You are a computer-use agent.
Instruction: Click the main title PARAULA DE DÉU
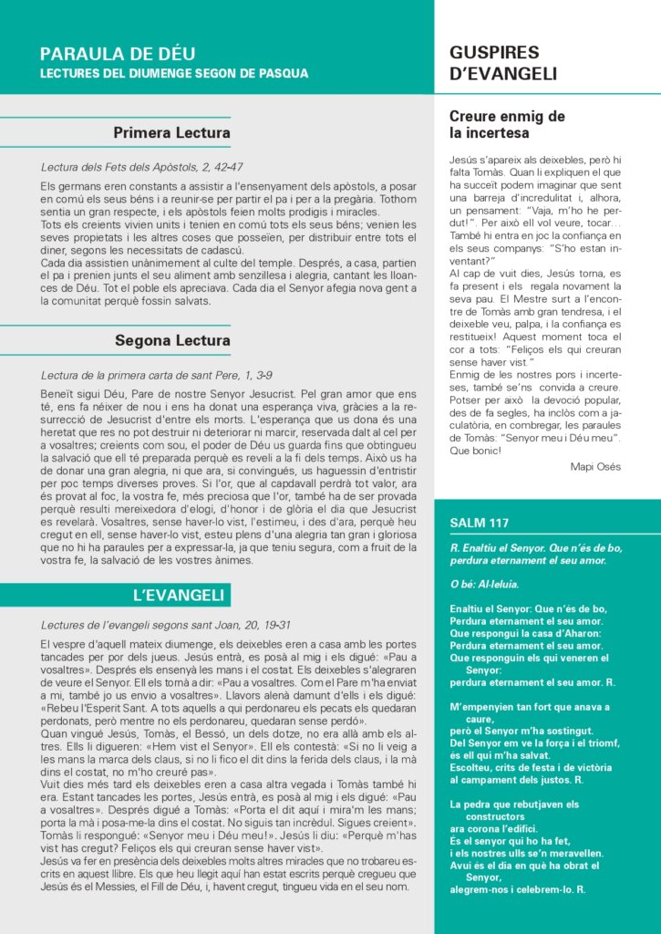click(x=118, y=54)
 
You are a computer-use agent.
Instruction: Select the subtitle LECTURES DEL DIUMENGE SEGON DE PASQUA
click(x=174, y=73)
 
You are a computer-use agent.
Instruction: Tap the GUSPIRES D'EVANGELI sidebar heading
click(x=503, y=63)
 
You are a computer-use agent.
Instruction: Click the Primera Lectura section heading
click(x=171, y=133)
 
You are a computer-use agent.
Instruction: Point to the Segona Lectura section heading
click(x=172, y=341)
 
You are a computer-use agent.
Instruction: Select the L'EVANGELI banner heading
click(x=179, y=596)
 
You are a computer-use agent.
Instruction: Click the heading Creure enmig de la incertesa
click(x=507, y=124)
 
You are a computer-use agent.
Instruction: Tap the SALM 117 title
click(x=480, y=523)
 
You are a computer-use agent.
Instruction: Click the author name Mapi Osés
click(x=595, y=466)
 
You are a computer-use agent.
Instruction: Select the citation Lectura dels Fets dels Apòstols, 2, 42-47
click(x=141, y=168)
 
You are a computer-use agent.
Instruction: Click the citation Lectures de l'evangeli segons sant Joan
click(x=166, y=625)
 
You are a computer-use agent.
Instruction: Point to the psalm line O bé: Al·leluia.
click(x=484, y=584)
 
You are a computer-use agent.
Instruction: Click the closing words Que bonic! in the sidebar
click(x=476, y=451)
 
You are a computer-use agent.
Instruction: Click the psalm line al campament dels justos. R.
click(x=517, y=780)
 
